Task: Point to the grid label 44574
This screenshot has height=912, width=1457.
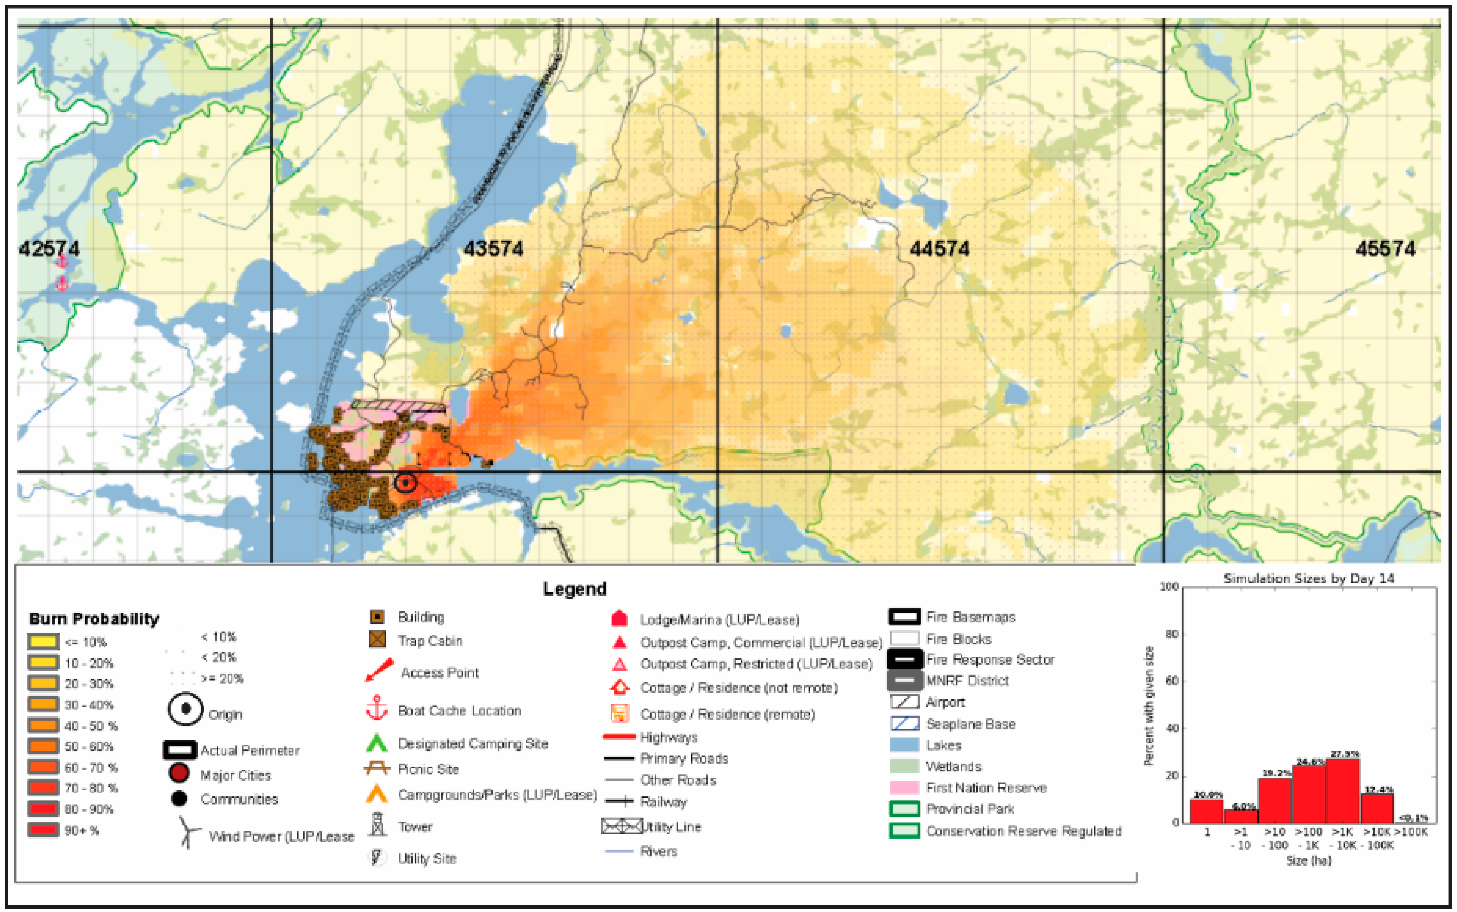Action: (939, 248)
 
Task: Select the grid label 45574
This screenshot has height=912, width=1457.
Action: (1385, 248)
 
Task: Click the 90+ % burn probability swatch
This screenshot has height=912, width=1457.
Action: (43, 830)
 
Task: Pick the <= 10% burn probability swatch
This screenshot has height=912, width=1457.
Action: (43, 641)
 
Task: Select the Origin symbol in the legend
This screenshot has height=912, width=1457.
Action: (185, 709)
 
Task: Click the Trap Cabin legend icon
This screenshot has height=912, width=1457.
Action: (377, 639)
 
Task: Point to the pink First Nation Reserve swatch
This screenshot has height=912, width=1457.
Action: (904, 787)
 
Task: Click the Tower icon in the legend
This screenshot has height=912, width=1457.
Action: (377, 824)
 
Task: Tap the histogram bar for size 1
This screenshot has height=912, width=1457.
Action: (1206, 811)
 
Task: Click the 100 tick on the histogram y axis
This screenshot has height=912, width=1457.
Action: (1169, 586)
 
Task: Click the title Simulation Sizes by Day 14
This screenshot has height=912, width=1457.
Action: (1309, 578)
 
